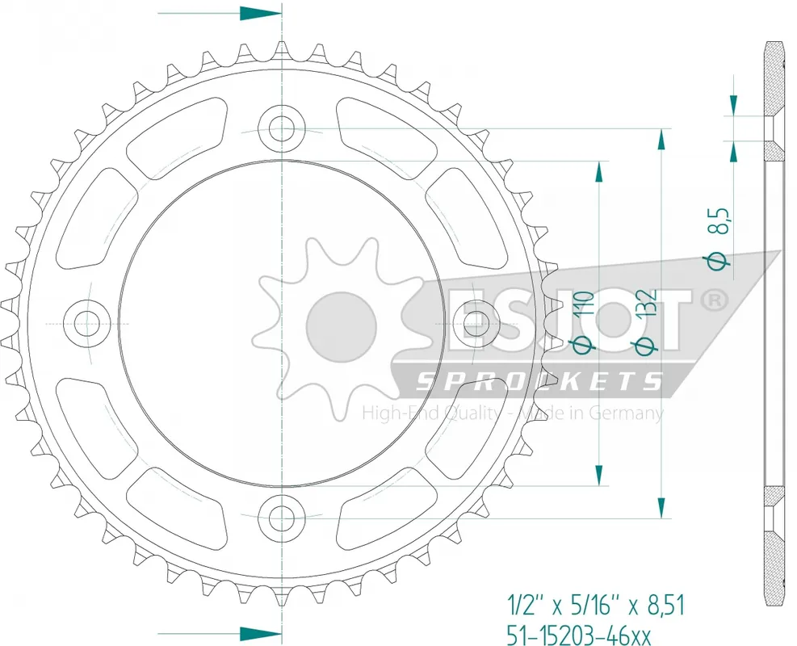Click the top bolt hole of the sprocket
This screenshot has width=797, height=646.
[x=282, y=127]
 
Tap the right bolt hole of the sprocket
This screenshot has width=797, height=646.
[x=476, y=321]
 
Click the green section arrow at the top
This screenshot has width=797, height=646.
[x=260, y=14]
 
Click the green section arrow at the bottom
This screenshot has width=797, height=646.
[x=260, y=631]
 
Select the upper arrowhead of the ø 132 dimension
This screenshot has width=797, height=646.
[x=662, y=139]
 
